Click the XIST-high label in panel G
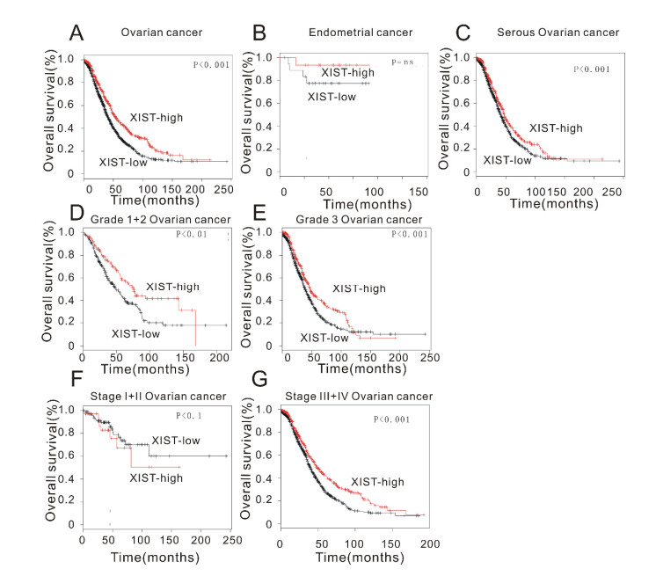click(x=377, y=482)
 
